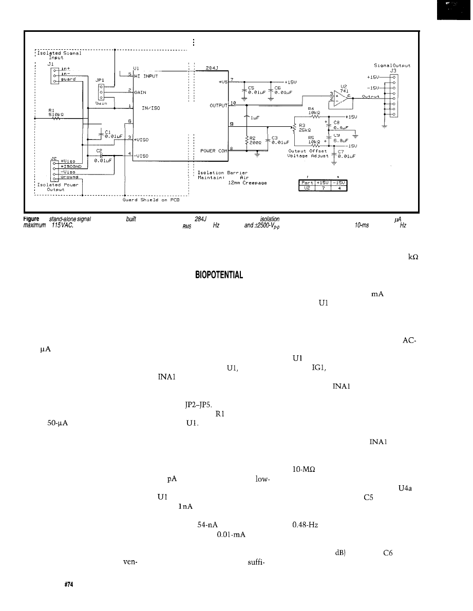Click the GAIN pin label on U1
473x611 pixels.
141,93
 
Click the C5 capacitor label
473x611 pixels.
252,87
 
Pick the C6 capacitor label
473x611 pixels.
278,87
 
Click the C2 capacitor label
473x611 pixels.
99,151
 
